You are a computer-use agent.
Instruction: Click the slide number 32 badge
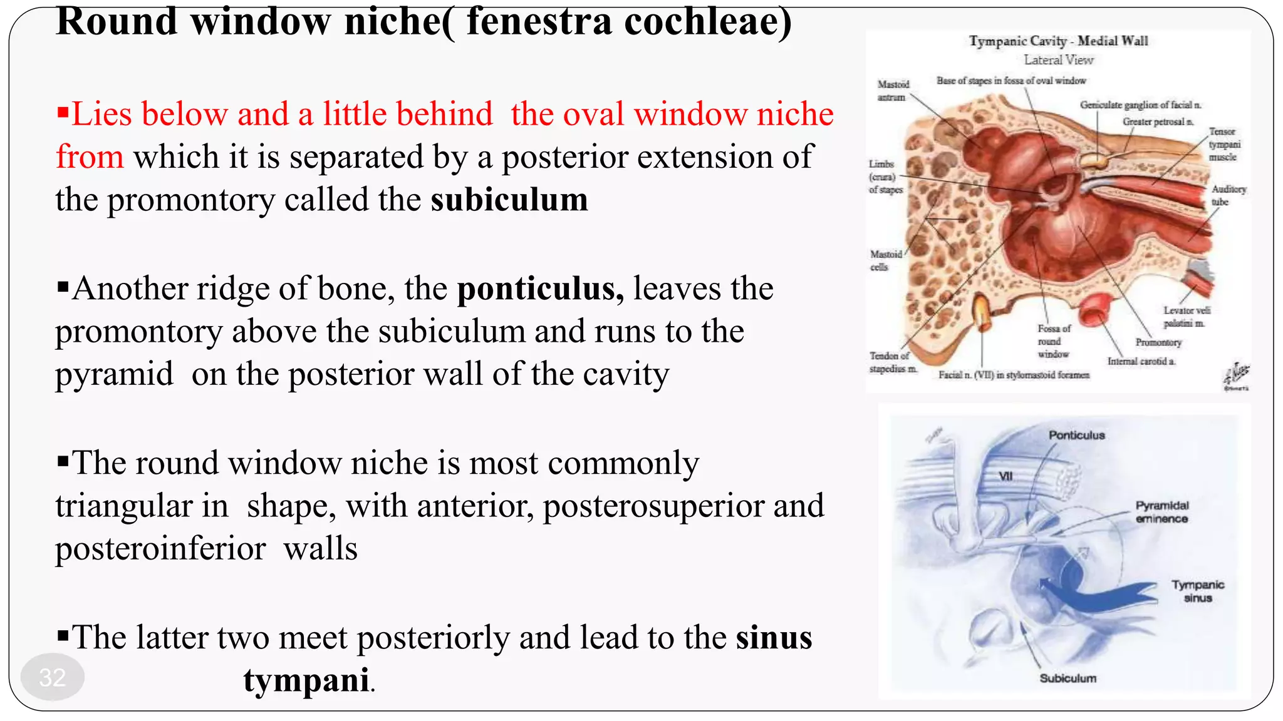(52, 677)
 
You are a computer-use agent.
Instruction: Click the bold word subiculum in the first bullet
(509, 200)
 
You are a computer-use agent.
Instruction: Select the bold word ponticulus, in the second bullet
(540, 289)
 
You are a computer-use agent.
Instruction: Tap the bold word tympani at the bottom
(306, 680)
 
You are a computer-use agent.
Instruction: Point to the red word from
(90, 156)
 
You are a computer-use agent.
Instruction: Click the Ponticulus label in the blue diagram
(1076, 435)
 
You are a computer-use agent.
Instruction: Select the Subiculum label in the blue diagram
(1067, 678)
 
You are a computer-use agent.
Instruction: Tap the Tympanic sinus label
(1197, 591)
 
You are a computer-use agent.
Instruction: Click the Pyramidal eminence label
(1161, 512)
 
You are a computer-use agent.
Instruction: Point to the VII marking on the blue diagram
(1005, 476)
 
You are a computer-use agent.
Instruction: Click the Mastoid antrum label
(892, 91)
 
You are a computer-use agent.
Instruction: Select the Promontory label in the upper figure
(1158, 342)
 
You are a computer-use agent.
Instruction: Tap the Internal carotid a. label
(1141, 361)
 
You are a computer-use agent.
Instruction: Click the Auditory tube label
(1228, 195)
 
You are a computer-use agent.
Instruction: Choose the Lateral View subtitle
(1058, 60)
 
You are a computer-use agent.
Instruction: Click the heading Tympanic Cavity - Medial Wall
(1058, 41)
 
